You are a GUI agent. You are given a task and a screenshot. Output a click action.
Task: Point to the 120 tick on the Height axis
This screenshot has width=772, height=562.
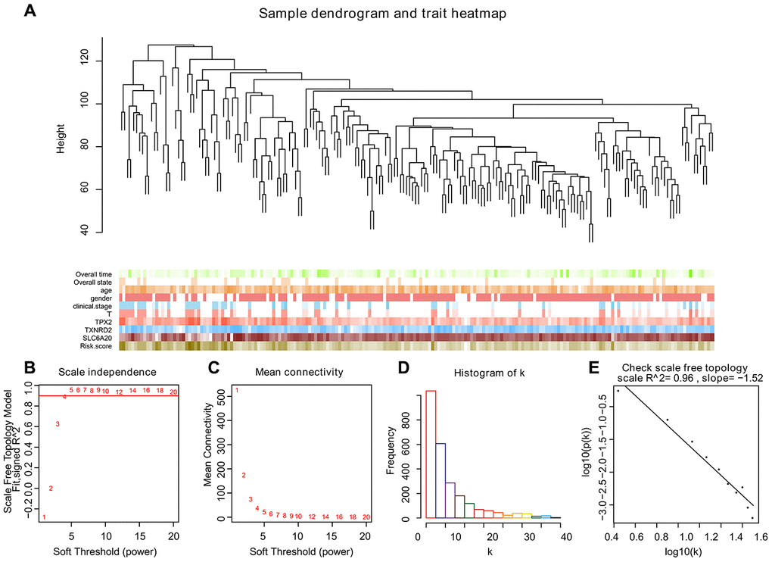pos(87,61)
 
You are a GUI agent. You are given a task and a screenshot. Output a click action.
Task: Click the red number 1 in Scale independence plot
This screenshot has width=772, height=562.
pos(44,517)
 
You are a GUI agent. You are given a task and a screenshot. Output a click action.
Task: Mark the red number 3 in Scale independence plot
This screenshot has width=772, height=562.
pos(58,423)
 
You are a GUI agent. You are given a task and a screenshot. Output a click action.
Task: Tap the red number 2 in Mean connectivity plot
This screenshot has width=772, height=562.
pos(244,476)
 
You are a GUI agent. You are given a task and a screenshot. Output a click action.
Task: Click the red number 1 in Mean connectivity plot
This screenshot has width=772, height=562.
pos(237,391)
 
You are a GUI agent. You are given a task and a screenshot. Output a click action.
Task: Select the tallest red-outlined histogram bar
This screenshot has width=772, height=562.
pos(431,454)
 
